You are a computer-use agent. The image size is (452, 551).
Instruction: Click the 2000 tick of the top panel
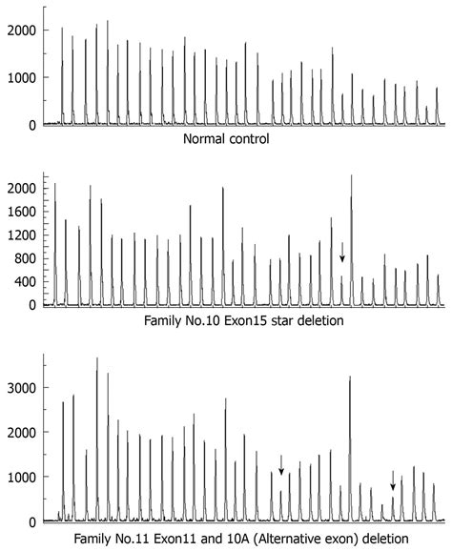[x=19, y=31]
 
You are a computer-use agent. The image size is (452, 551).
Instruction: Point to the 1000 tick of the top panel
[x=19, y=77]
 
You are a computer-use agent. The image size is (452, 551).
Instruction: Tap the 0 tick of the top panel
[x=31, y=124]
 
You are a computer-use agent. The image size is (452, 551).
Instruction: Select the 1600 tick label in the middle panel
[x=19, y=212]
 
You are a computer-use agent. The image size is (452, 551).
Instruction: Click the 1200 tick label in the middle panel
[x=19, y=235]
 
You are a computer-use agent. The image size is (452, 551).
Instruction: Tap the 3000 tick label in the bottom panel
[x=19, y=388]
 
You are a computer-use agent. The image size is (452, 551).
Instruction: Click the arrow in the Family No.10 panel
[x=342, y=252]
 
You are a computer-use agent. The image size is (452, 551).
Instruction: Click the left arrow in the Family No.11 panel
[x=281, y=464]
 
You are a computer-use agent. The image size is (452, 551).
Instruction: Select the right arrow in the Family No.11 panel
[x=393, y=480]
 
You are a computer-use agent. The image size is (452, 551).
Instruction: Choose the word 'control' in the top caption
[x=247, y=139]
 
